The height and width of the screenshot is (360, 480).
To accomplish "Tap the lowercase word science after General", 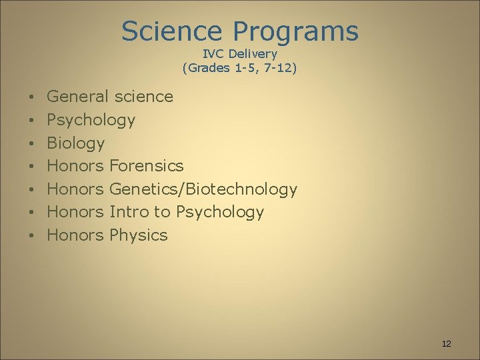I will point(143,97).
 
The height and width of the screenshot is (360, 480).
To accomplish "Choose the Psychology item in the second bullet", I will point(91,121).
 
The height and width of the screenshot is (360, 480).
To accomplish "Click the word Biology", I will point(76,143).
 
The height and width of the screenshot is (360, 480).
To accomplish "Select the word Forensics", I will point(146,166).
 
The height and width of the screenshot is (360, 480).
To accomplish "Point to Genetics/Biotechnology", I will point(203,189).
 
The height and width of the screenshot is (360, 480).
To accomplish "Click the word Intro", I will point(129,212).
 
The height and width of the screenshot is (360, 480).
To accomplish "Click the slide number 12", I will point(446,344).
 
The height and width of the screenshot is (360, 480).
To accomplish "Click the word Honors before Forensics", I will point(75,166).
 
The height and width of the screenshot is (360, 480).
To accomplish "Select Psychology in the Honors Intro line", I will point(220,213).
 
